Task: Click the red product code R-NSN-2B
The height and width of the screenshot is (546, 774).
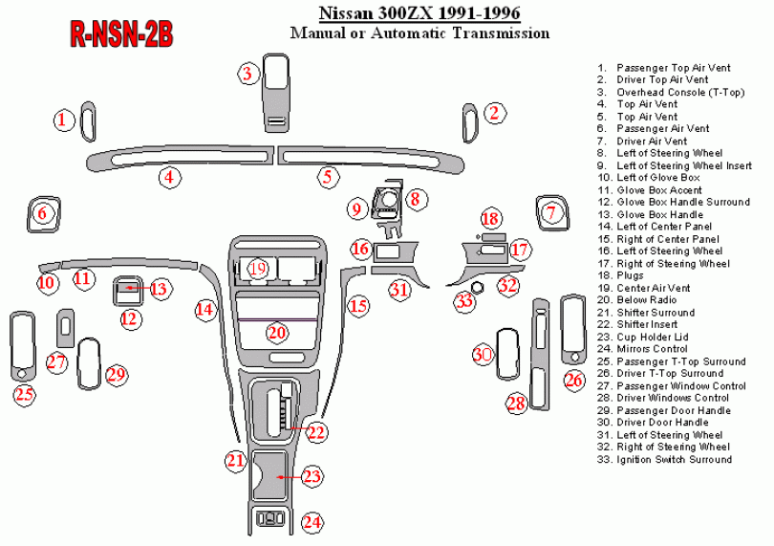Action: tap(121, 34)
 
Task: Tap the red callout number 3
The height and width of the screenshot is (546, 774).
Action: tap(247, 74)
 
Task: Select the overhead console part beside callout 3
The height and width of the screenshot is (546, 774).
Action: tap(276, 93)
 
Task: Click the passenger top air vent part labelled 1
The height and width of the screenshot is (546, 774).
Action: tap(88, 121)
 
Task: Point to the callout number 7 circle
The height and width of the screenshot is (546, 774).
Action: tap(551, 213)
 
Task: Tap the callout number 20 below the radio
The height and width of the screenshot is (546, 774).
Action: tap(277, 332)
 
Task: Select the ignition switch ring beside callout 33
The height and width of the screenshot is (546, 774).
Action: tap(478, 287)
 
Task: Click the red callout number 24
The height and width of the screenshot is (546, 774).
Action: tap(312, 522)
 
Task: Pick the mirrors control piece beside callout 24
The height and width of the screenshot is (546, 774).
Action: tap(270, 519)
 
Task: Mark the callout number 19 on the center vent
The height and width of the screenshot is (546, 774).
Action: tap(258, 269)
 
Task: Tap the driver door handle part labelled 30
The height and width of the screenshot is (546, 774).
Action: tap(507, 354)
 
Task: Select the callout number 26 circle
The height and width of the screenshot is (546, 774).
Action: tap(573, 380)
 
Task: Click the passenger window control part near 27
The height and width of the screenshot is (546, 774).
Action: tap(66, 328)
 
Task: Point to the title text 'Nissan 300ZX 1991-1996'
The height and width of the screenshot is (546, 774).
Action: tap(419, 12)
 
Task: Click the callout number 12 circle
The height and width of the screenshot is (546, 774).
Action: tap(130, 318)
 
